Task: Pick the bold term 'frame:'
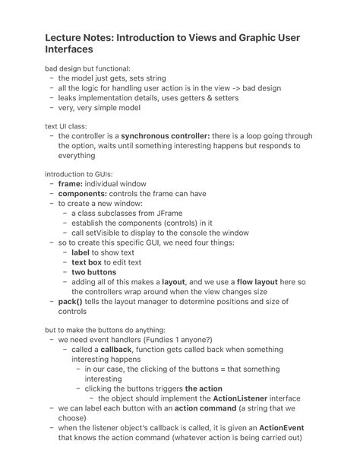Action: (x=75, y=183)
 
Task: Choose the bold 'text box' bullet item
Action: (x=89, y=262)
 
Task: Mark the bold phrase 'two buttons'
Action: (x=94, y=272)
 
